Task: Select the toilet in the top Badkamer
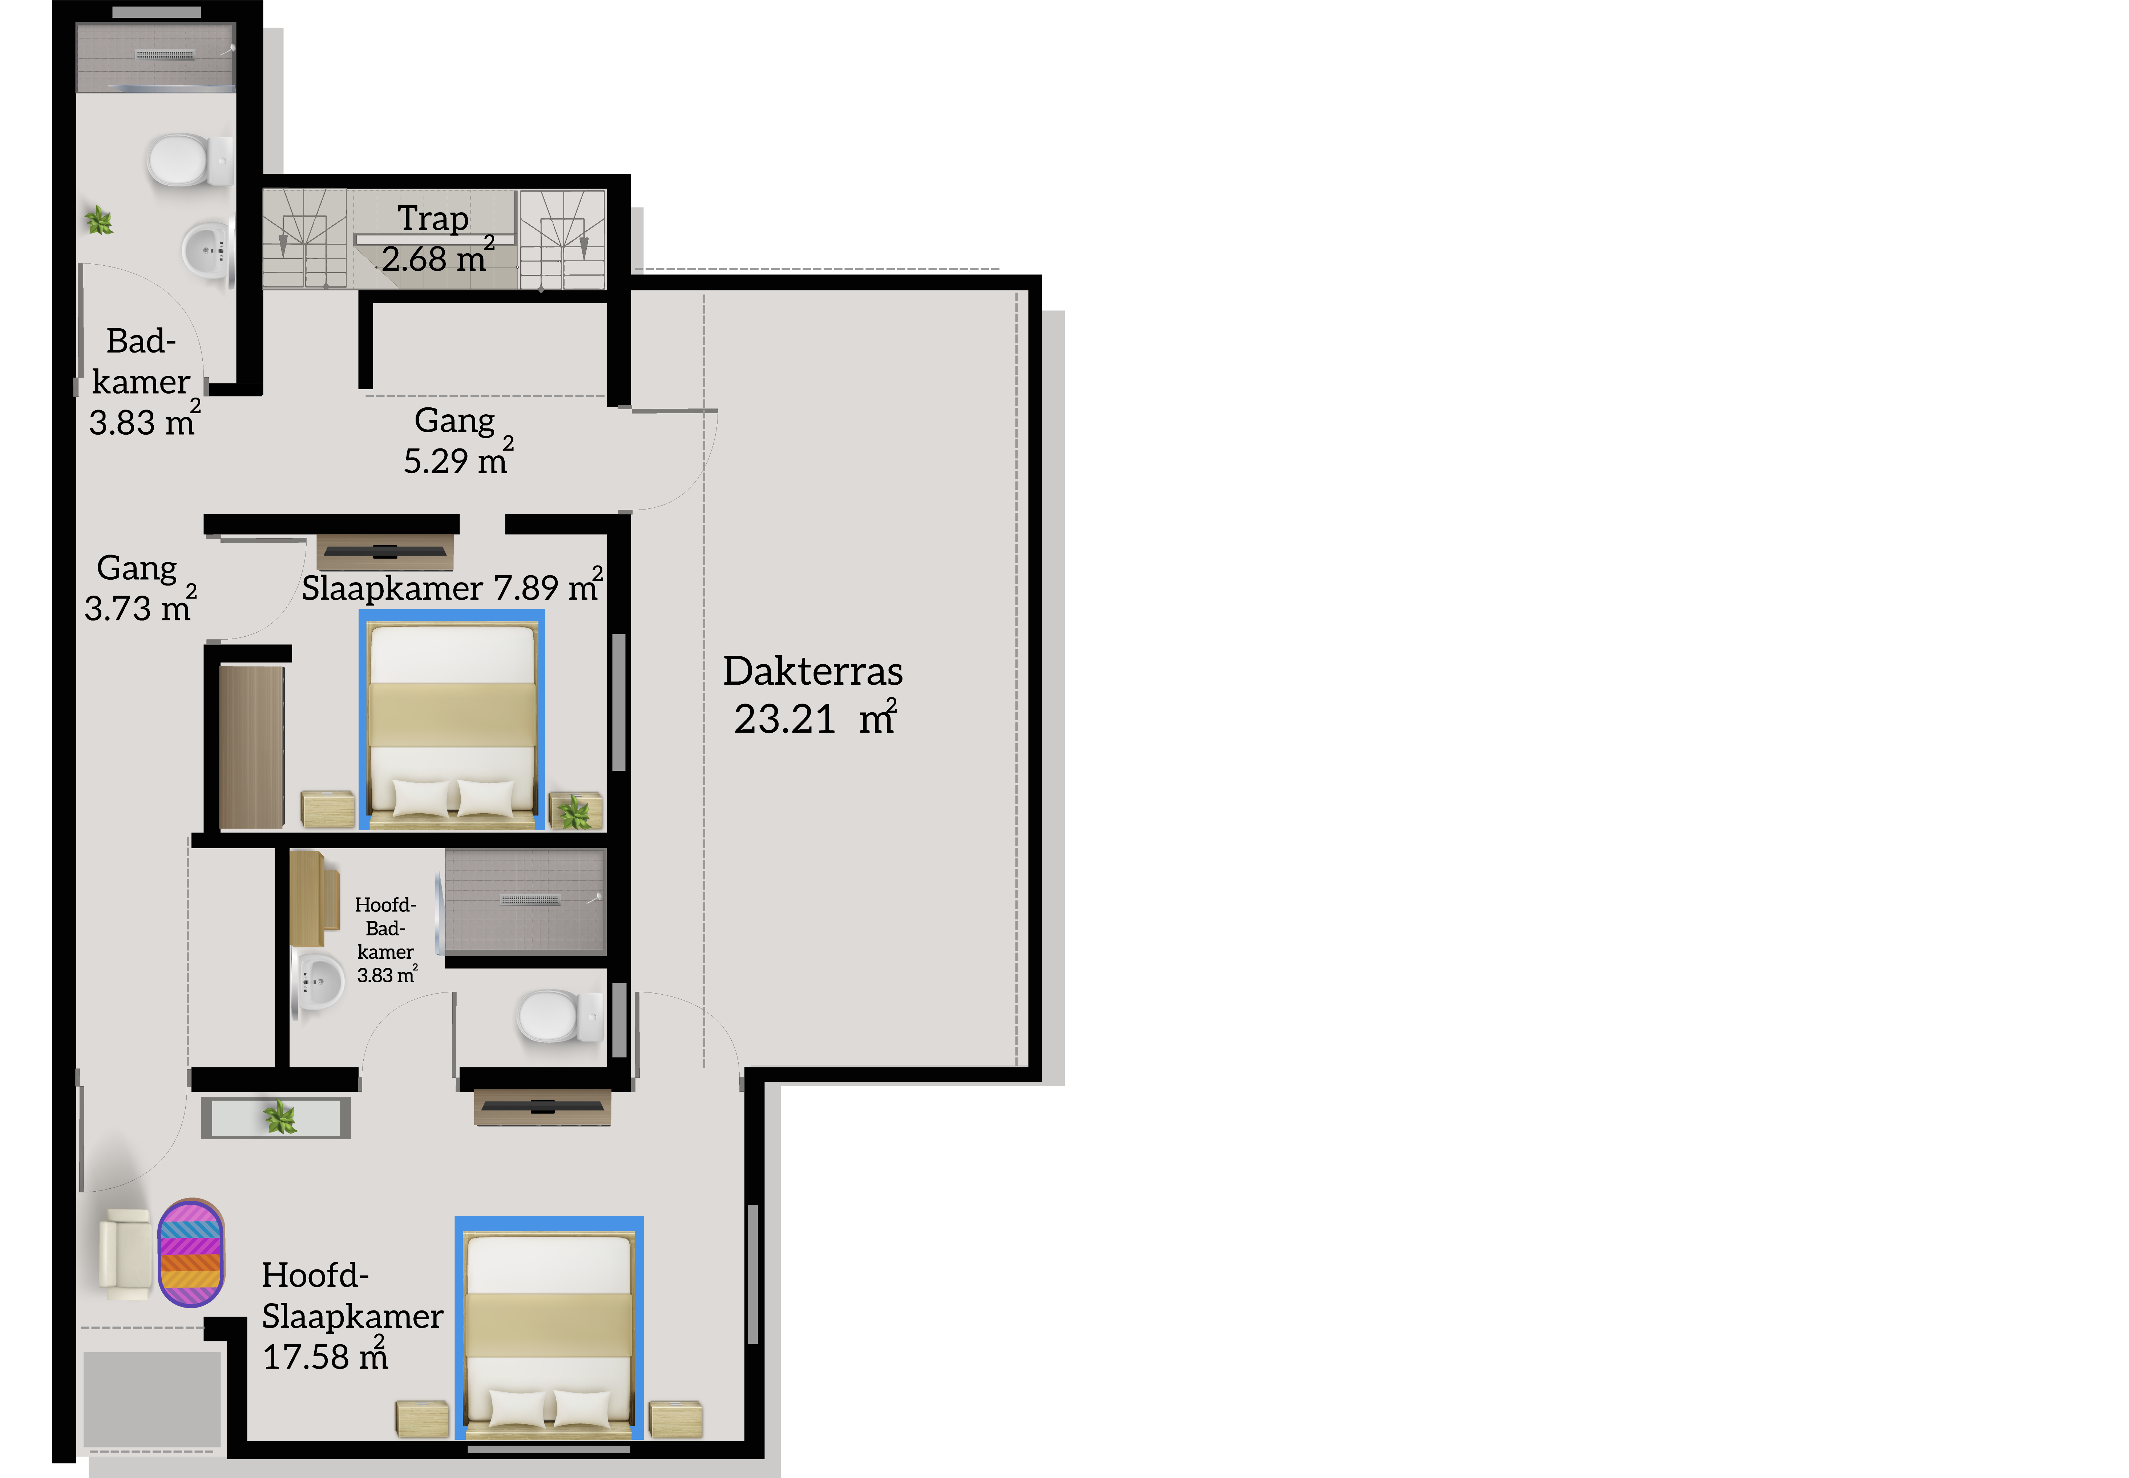190,160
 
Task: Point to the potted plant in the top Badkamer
99,220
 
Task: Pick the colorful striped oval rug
191,1252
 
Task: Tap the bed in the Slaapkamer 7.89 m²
452,718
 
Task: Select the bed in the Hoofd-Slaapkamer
549,1327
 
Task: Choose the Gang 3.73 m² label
140,588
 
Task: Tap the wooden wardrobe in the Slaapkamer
251,746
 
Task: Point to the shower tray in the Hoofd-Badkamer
526,901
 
